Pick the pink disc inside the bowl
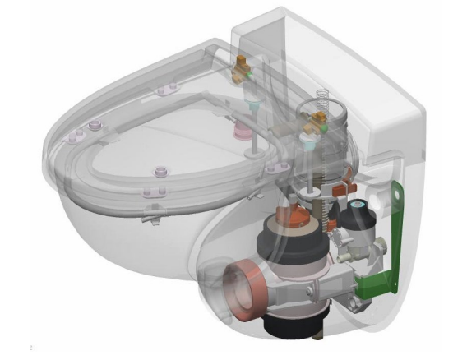point(243,131)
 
